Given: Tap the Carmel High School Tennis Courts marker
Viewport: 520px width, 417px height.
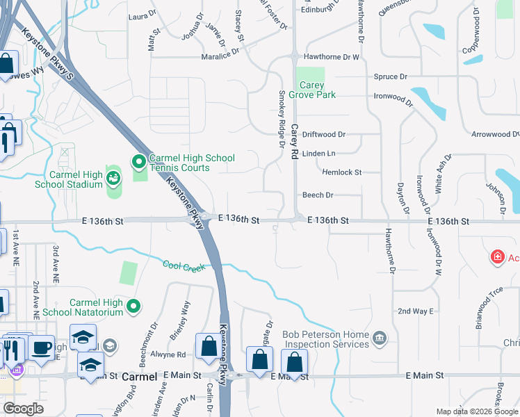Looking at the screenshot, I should [139, 163].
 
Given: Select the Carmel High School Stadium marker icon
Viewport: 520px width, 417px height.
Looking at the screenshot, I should [113, 179].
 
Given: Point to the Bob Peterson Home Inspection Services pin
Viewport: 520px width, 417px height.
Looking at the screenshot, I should [380, 338].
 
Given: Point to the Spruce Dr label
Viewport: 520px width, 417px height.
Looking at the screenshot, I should [390, 76].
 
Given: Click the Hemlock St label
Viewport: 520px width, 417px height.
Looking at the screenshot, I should [341, 172].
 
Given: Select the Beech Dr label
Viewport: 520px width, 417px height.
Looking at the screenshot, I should [318, 195].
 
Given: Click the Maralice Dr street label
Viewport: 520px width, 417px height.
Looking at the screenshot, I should [220, 58].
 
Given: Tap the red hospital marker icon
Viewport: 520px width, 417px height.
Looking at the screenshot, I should [497, 258].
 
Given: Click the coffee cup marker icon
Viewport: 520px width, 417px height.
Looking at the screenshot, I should [42, 347].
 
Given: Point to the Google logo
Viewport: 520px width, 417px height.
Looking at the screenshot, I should [23, 409].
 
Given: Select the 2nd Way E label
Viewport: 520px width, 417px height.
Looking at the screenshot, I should [416, 311].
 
